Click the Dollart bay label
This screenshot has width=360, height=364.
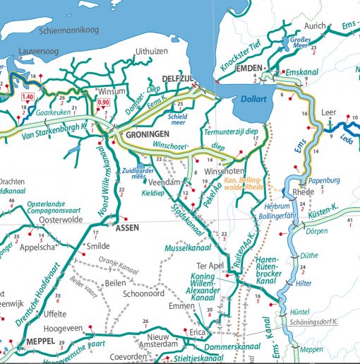click(x=253, y=100)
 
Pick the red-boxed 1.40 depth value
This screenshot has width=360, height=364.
click(x=28, y=97)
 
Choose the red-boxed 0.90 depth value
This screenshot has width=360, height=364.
click(x=102, y=103)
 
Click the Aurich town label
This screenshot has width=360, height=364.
click(x=316, y=26)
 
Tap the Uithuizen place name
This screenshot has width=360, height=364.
click(x=152, y=52)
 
